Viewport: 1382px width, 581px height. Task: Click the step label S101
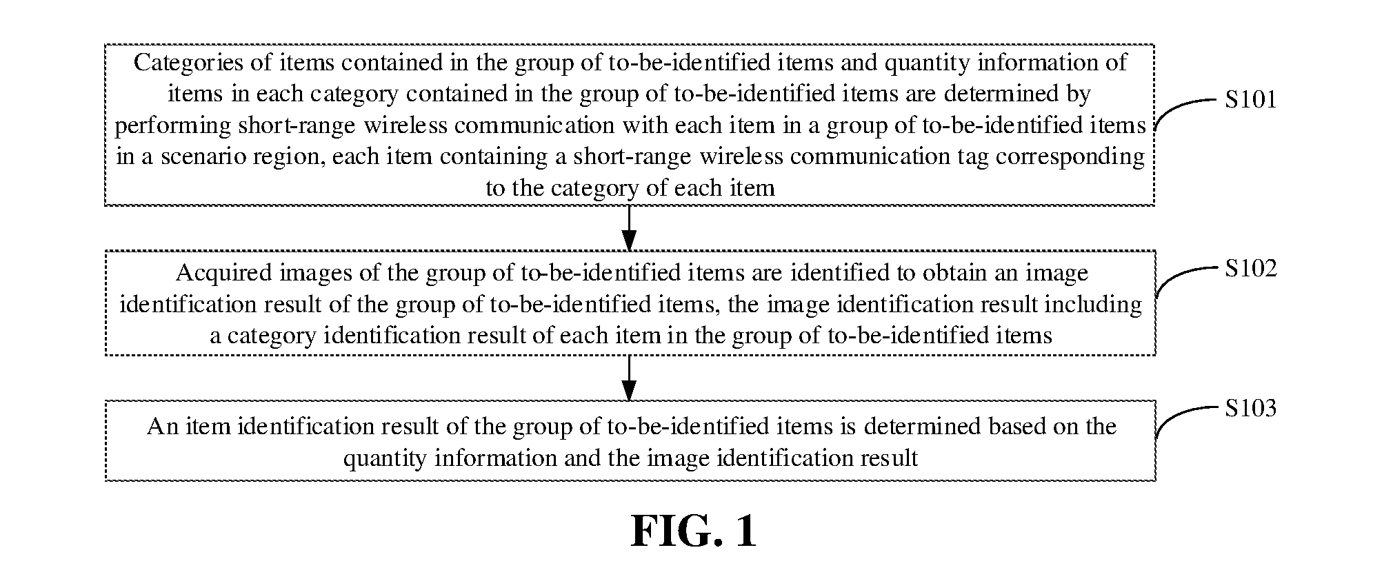1250,100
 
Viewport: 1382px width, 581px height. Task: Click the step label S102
1250,268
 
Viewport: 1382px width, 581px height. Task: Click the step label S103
1250,408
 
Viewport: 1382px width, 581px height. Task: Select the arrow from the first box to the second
629,228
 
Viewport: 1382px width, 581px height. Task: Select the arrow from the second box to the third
629,378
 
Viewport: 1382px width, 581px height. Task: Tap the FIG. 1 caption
694,531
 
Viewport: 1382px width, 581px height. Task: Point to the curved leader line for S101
1184,110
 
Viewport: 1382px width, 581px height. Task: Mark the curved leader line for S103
1184,418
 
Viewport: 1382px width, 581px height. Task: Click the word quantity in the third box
385,459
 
